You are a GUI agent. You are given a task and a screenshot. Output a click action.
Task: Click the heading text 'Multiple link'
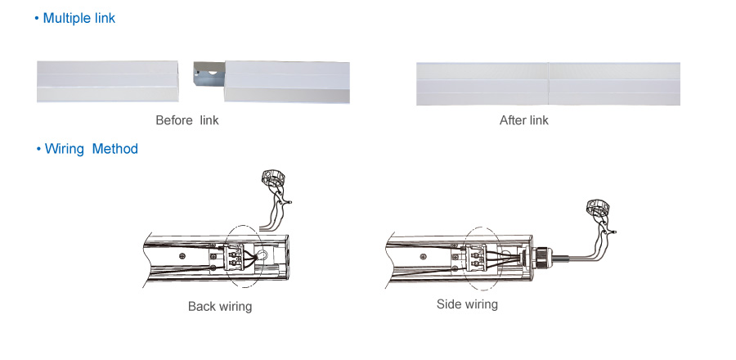(x=79, y=18)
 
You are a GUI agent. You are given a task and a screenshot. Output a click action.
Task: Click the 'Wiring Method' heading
(x=91, y=149)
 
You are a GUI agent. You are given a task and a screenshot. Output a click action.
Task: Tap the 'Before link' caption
(x=187, y=120)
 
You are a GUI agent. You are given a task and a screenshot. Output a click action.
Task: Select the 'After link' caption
(x=523, y=120)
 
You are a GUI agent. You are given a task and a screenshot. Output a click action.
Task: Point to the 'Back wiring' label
(x=220, y=307)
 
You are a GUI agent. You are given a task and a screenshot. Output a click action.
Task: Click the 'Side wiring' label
(x=467, y=304)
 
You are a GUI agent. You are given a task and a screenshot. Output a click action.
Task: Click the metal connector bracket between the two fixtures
(x=208, y=81)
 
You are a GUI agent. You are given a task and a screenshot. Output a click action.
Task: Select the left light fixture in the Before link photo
(x=107, y=81)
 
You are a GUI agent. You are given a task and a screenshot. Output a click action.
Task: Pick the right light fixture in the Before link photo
(x=286, y=81)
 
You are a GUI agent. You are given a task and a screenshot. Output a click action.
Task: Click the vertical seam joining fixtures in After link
(x=548, y=83)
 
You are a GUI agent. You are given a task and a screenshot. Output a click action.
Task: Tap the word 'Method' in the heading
(x=115, y=149)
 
